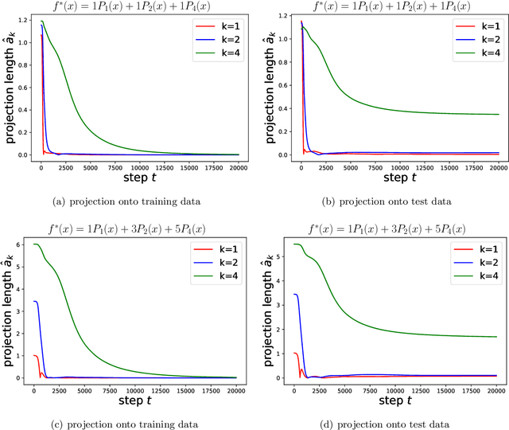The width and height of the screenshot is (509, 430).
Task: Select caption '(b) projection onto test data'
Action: click(x=386, y=201)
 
